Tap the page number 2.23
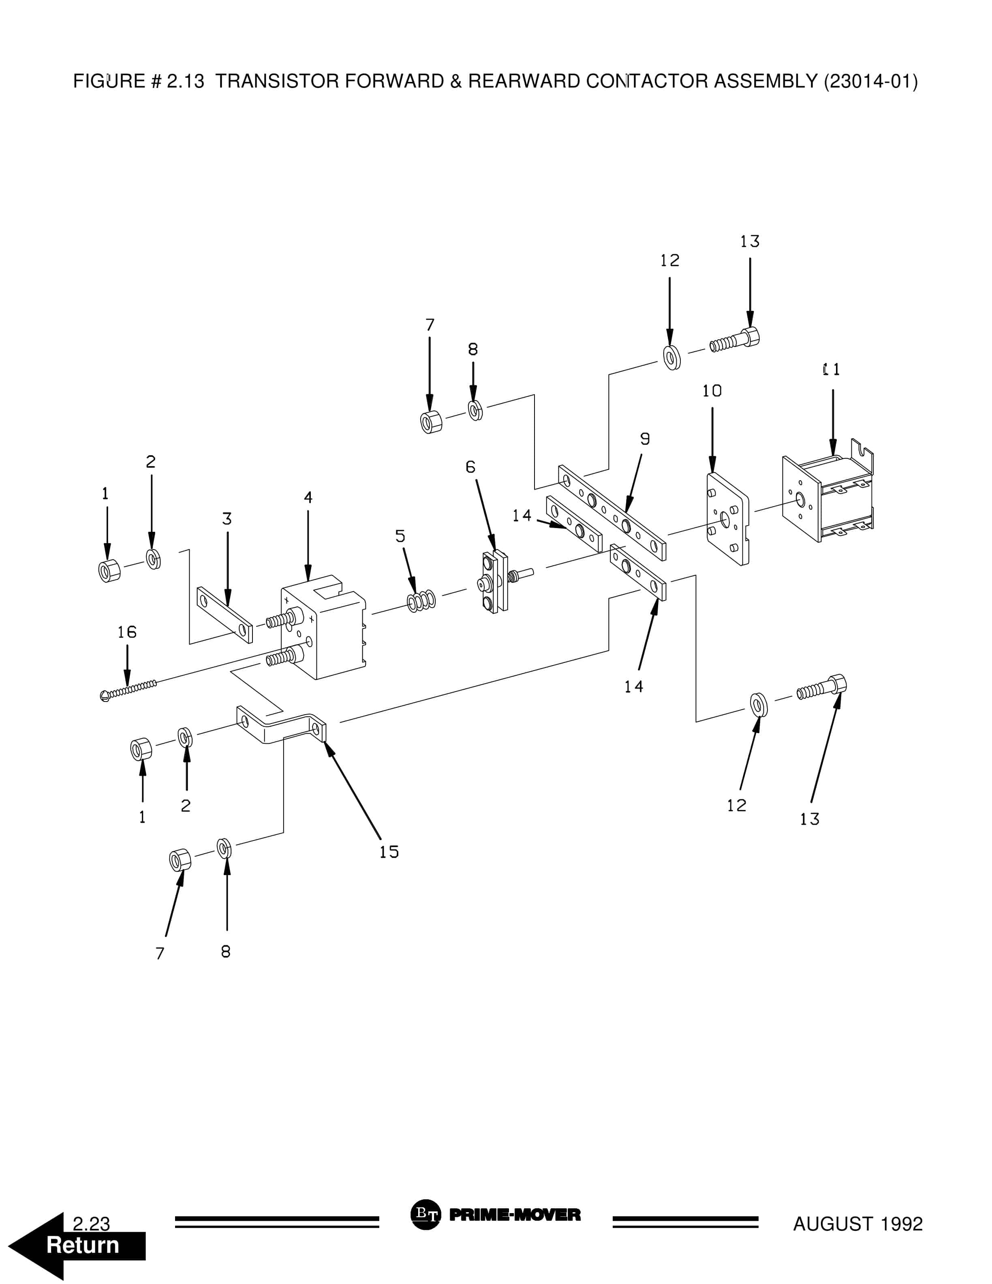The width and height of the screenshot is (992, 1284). tap(91, 1224)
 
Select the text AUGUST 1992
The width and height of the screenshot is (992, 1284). tap(857, 1224)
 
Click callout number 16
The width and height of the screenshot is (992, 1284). tap(127, 632)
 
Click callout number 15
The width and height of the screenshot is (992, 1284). tap(389, 852)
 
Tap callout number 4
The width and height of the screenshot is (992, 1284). tap(308, 497)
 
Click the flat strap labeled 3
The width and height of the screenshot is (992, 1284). tap(225, 614)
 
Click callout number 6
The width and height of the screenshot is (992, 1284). tap(470, 467)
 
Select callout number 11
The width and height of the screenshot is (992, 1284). tap(832, 370)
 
